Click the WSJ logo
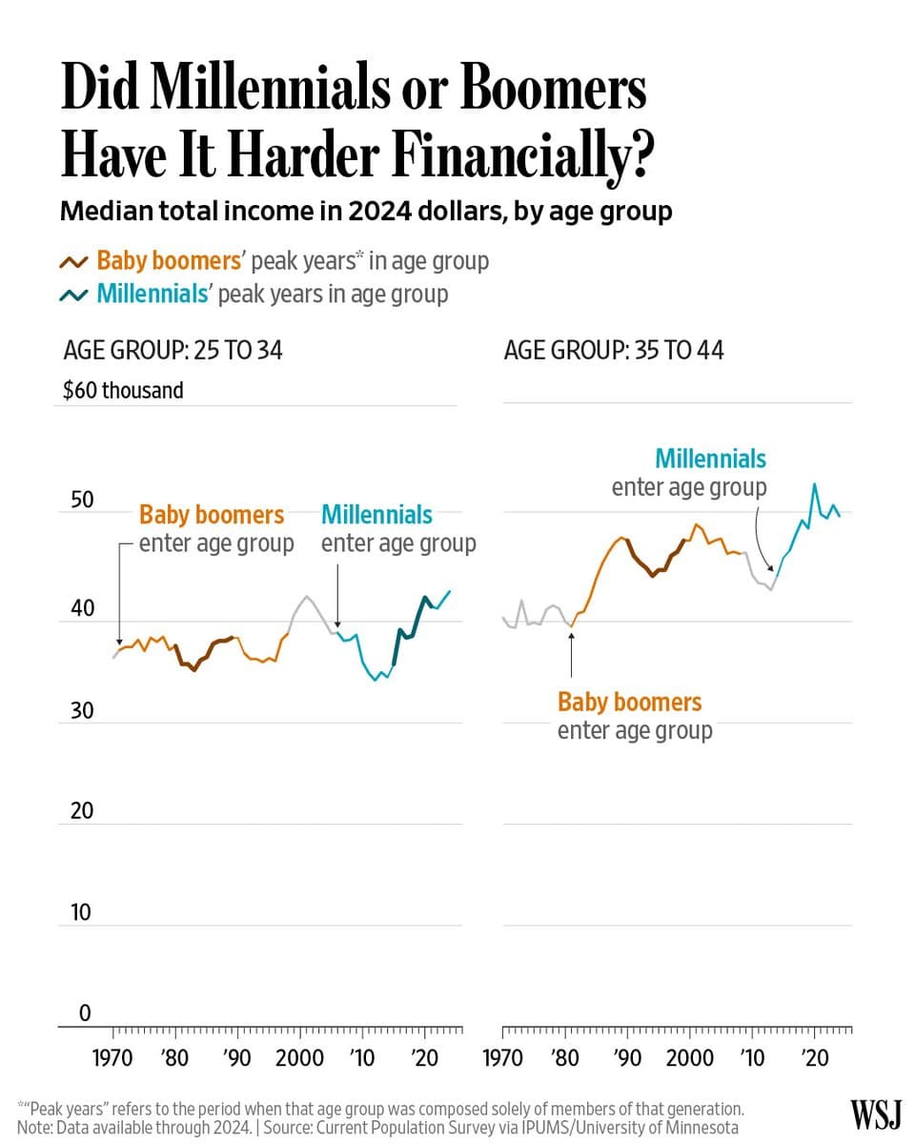(875, 1114)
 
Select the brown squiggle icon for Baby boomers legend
(74, 262)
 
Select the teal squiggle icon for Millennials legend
(74, 295)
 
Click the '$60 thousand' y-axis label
(123, 390)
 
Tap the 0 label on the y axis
(84, 1013)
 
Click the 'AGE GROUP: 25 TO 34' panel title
(173, 350)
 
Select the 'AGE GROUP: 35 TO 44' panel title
(613, 350)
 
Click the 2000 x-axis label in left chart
(299, 1059)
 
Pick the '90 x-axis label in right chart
(627, 1059)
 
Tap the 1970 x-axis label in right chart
(502, 1059)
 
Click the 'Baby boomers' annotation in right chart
(629, 703)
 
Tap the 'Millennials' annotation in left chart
(376, 515)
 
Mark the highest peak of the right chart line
(814, 484)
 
